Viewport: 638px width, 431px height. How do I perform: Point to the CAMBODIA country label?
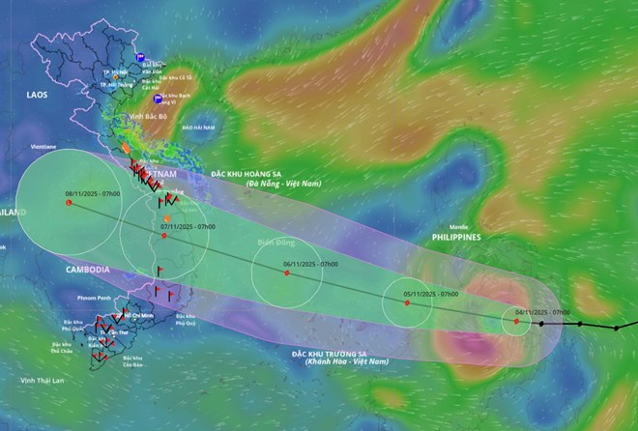coord(88,269)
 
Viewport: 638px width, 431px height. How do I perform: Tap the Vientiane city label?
coord(42,147)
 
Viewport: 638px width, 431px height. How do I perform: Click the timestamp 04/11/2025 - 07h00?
coord(542,312)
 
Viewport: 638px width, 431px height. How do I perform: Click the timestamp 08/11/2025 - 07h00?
coord(93,193)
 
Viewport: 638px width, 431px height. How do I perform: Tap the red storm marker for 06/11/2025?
coord(288,273)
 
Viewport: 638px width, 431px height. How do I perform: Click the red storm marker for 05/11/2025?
coord(407,302)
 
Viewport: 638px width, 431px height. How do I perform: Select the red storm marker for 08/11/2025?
coord(69,202)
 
